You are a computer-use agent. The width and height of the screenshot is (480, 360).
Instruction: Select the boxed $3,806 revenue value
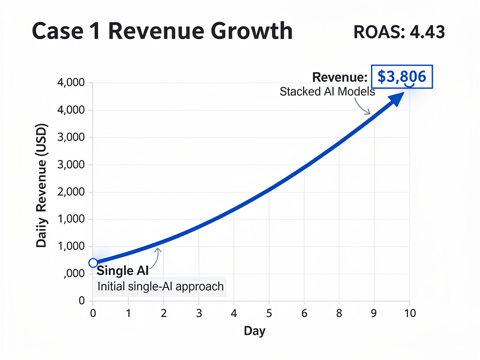click(402, 77)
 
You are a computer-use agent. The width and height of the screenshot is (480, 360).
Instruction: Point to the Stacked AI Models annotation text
click(327, 91)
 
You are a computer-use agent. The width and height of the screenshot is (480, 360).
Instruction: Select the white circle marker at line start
click(93, 262)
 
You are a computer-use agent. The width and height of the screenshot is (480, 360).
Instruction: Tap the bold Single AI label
click(123, 271)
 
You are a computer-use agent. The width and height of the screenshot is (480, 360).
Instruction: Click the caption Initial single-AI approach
click(160, 286)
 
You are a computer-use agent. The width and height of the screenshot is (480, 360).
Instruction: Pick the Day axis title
click(255, 331)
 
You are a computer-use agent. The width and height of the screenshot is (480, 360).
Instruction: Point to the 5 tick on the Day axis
click(269, 313)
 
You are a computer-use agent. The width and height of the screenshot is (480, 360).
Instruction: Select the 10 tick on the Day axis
click(410, 313)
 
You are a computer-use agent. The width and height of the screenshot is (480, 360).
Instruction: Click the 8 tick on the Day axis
click(339, 313)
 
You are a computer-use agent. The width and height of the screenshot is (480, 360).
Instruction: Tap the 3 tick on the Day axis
click(199, 313)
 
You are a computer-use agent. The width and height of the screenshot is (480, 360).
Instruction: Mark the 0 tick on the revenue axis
click(82, 301)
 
